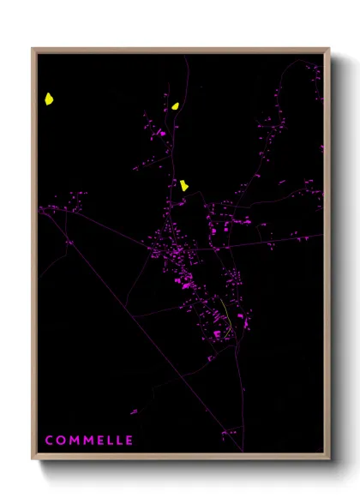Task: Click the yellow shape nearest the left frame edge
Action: click(50, 99)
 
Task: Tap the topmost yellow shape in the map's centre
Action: click(175, 106)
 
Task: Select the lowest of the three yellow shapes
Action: click(184, 184)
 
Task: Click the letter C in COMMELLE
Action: click(50, 441)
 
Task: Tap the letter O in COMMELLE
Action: click(60, 441)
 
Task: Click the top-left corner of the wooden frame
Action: click(33, 49)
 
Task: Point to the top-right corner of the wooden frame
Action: click(329, 49)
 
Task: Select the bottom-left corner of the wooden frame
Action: click(33, 459)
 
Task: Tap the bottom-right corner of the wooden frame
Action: click(329, 459)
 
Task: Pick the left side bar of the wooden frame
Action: click(34, 257)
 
